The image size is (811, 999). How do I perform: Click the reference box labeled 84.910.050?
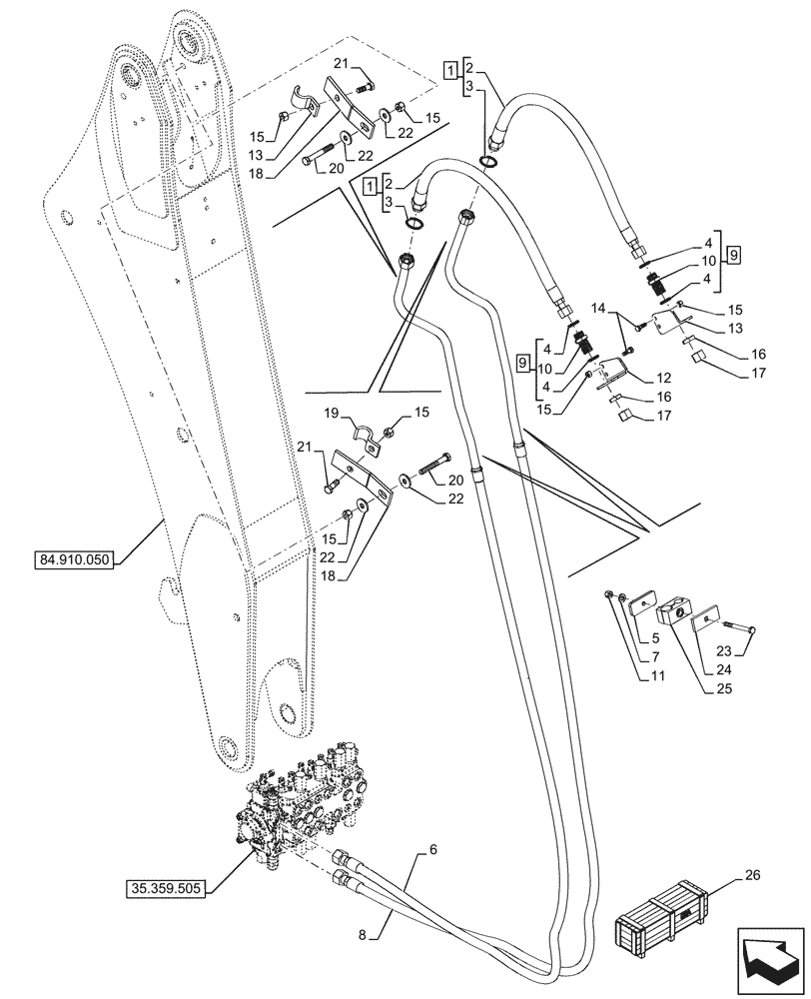click(79, 559)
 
